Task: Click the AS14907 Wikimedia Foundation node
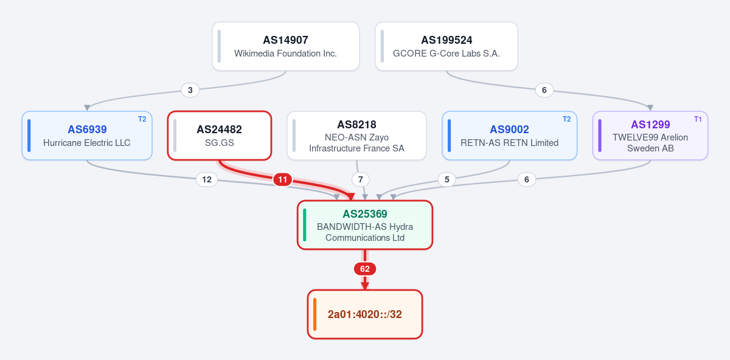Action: tap(285, 46)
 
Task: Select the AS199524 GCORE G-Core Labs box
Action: tap(446, 46)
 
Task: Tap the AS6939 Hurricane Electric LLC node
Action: tap(87, 136)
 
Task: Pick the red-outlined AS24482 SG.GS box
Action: tap(220, 136)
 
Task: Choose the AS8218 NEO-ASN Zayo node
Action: tap(356, 136)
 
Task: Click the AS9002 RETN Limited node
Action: tap(509, 136)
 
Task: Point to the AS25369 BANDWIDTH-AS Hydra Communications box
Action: tap(364, 225)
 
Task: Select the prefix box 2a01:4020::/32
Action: tap(364, 314)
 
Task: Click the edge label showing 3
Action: tap(190, 90)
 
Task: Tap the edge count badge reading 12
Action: tap(207, 179)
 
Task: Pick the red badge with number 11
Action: tap(282, 179)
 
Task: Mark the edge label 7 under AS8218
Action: tap(360, 179)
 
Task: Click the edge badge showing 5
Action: tap(447, 179)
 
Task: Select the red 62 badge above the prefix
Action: tap(364, 269)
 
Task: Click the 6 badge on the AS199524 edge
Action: tap(544, 90)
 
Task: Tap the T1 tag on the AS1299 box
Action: tap(698, 119)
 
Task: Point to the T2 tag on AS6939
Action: tap(142, 119)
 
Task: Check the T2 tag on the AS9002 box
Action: tap(567, 119)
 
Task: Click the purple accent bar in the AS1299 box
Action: tap(600, 136)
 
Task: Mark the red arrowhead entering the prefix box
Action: tap(364, 286)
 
